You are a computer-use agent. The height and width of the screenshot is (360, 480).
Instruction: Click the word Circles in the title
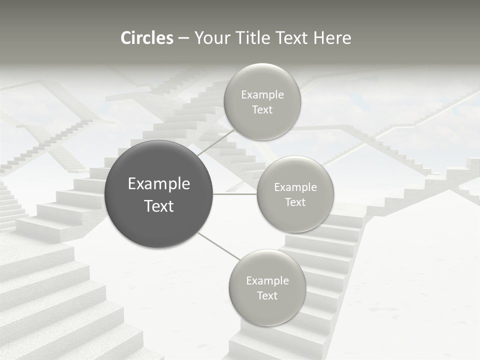147,38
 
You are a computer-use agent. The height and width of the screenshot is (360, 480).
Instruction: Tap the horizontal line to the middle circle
235,194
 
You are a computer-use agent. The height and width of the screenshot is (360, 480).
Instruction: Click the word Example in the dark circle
159,184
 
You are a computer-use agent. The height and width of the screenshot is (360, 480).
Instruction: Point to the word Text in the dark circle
159,206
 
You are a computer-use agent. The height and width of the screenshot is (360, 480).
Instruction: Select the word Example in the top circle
262,95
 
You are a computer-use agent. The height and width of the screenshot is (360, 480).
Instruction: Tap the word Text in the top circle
262,110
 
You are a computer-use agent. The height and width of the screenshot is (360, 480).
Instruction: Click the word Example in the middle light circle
295,187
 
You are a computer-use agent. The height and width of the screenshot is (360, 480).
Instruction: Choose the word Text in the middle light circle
295,202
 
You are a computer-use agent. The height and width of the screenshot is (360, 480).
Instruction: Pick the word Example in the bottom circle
267,281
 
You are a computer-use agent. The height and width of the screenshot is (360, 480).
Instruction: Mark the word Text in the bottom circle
267,296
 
